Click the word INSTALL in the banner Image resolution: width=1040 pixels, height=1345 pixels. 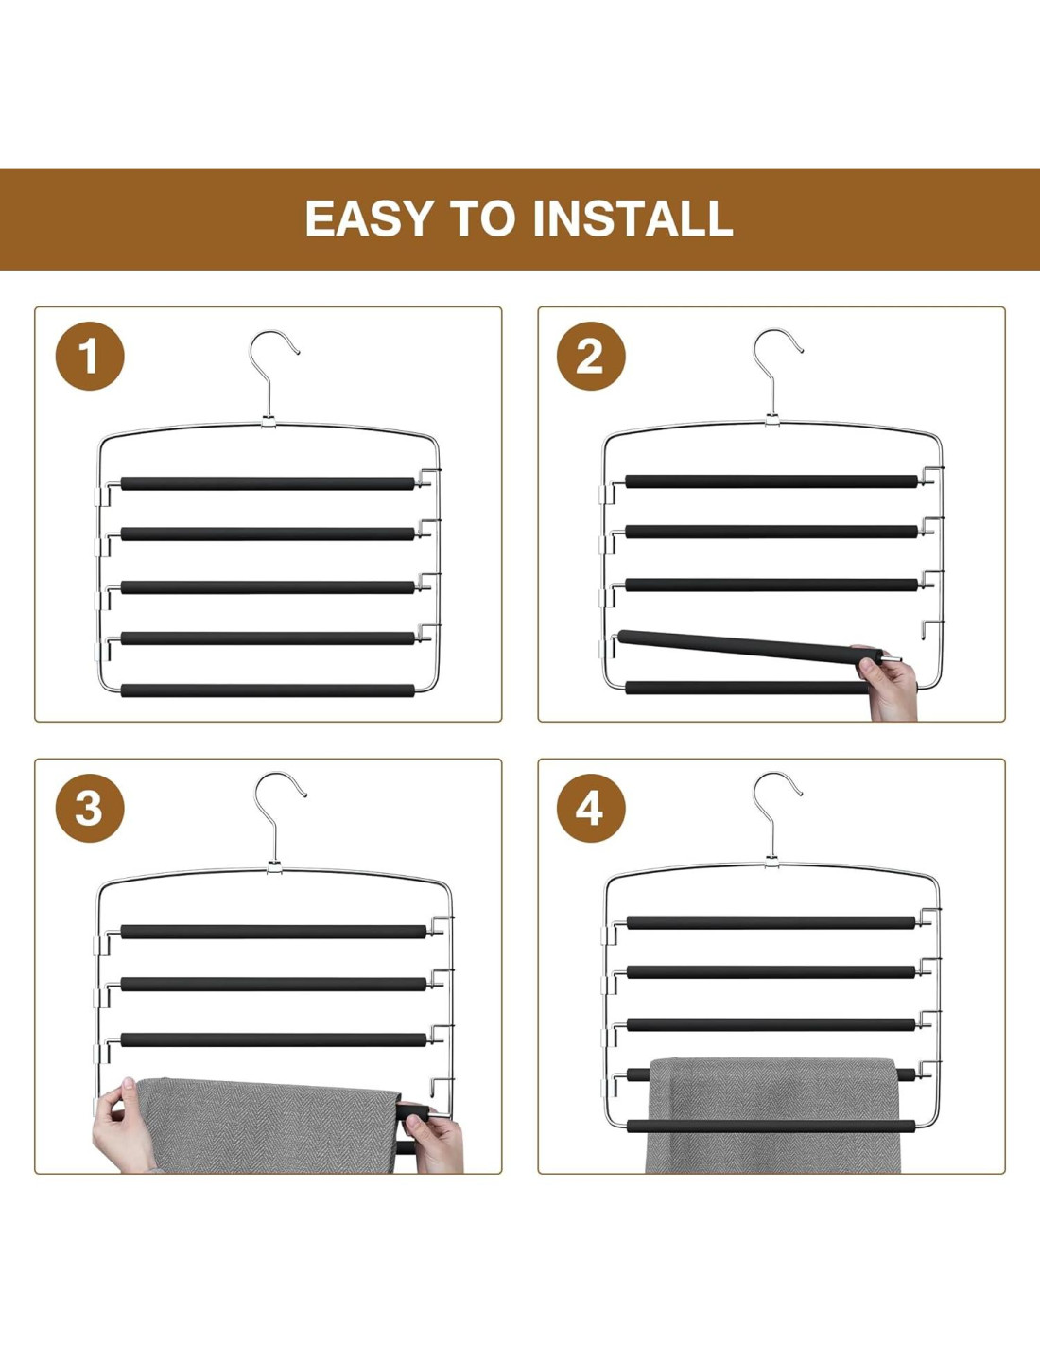pyautogui.click(x=633, y=218)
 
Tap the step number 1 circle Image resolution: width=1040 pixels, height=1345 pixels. pyautogui.click(x=90, y=356)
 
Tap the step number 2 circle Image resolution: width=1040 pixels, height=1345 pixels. pyautogui.click(x=591, y=356)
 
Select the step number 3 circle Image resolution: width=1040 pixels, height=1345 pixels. pyautogui.click(x=90, y=808)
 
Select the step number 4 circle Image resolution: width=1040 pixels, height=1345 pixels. pyautogui.click(x=591, y=808)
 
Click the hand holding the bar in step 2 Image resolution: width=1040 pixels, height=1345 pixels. pyautogui.click(x=888, y=684)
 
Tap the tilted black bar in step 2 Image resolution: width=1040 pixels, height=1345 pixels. pyautogui.click(x=749, y=648)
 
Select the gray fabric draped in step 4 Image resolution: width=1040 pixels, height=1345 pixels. pyautogui.click(x=772, y=1114)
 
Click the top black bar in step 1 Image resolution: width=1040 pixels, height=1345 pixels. pyautogui.click(x=268, y=483)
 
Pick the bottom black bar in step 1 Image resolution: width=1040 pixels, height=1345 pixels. pyautogui.click(x=268, y=690)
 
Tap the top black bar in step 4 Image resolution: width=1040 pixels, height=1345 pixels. pyautogui.click(x=771, y=922)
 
